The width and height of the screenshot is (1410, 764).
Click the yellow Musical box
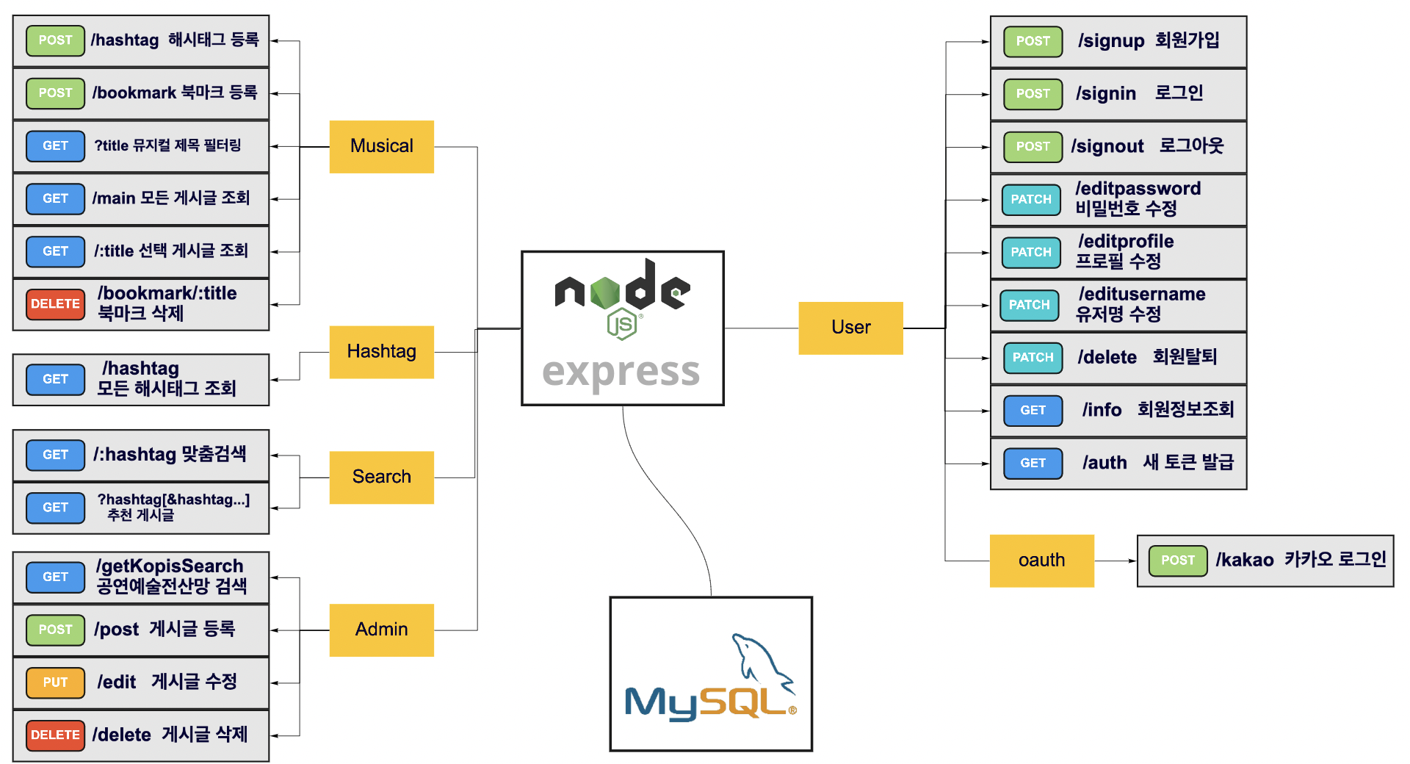click(x=381, y=146)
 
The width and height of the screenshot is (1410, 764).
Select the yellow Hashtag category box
click(x=381, y=352)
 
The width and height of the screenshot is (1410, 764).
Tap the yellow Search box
click(x=381, y=477)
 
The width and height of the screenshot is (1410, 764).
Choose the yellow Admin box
click(x=381, y=630)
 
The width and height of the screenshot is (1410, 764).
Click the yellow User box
click(x=850, y=328)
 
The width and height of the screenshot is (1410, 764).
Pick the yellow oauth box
click(x=1041, y=561)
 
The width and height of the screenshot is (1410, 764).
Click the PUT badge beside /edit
click(x=55, y=682)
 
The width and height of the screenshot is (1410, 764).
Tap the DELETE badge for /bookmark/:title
click(x=55, y=304)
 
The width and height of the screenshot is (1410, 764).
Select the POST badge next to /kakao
click(x=1178, y=561)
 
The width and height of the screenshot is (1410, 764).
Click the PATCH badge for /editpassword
click(x=1031, y=200)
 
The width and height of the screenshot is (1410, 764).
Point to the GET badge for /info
click(x=1033, y=411)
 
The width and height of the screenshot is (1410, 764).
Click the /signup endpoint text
click(x=1111, y=41)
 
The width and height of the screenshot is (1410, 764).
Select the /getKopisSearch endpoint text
click(x=170, y=566)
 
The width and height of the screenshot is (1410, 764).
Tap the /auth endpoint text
click(x=1104, y=463)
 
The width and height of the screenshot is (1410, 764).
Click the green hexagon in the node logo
click(x=605, y=292)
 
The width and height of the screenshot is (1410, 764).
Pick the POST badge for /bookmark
click(x=55, y=93)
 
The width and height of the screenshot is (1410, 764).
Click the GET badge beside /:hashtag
click(x=55, y=455)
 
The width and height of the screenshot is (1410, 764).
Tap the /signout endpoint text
click(x=1107, y=147)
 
